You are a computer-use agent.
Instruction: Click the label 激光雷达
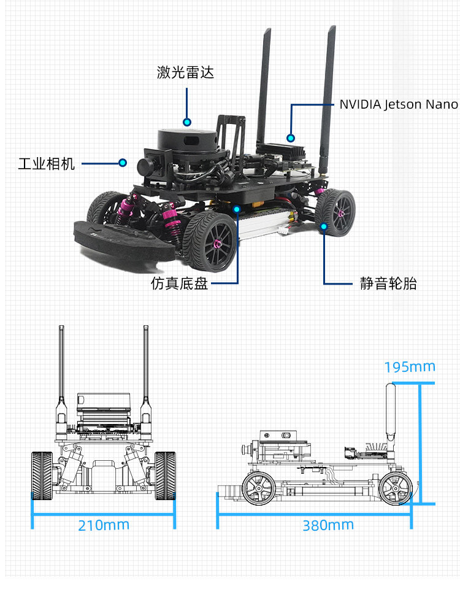(x=185, y=72)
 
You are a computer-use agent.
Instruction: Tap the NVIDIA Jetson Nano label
(x=399, y=104)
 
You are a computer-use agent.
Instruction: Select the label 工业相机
(x=47, y=164)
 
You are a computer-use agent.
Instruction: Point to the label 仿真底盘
(x=180, y=284)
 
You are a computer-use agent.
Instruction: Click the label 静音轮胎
(x=388, y=283)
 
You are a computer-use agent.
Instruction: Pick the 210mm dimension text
(x=104, y=525)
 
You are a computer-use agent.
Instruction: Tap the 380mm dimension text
(x=328, y=525)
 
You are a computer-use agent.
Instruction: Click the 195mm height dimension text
(x=410, y=367)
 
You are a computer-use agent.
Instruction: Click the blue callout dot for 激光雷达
(x=187, y=122)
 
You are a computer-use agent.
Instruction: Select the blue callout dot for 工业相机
(x=123, y=163)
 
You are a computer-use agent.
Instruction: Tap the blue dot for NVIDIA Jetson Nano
(x=291, y=138)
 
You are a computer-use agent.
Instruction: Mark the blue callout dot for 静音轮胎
(x=324, y=226)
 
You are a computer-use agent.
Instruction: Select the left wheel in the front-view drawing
(x=42, y=475)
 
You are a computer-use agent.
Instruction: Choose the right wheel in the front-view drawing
(x=166, y=475)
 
